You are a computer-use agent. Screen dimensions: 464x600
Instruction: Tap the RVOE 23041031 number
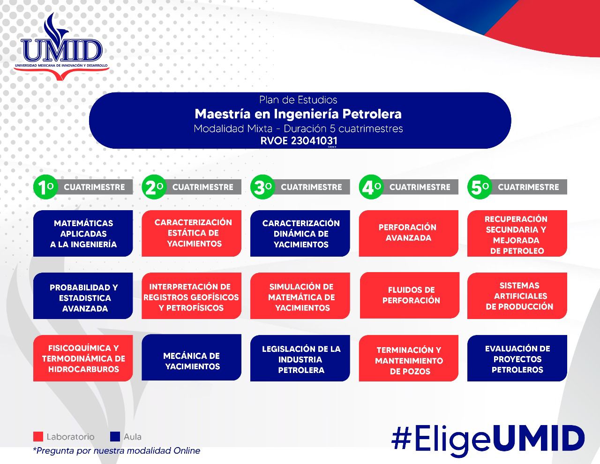click(299, 141)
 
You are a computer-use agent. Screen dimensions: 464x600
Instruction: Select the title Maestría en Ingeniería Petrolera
click(298, 114)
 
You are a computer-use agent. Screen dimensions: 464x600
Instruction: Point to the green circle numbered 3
click(262, 187)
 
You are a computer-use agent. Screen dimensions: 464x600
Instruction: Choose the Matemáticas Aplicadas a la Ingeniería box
click(83, 234)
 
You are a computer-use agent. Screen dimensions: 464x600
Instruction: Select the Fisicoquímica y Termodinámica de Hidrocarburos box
click(83, 358)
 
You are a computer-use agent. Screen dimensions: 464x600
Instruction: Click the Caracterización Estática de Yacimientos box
click(191, 233)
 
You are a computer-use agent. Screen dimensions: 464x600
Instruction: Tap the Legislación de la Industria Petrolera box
click(300, 358)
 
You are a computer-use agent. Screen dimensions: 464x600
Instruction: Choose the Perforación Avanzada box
click(408, 233)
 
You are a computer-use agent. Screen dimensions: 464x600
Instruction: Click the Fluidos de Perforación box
click(409, 296)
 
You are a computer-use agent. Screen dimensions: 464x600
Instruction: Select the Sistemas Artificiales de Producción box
click(517, 296)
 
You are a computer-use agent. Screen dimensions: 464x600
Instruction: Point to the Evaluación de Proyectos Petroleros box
click(517, 358)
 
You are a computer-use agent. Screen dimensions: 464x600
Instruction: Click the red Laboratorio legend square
click(38, 437)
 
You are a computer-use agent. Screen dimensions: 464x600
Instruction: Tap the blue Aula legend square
click(115, 437)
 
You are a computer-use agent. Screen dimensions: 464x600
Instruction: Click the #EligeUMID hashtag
click(487, 439)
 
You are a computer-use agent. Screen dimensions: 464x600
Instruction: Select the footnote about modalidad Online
click(117, 451)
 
